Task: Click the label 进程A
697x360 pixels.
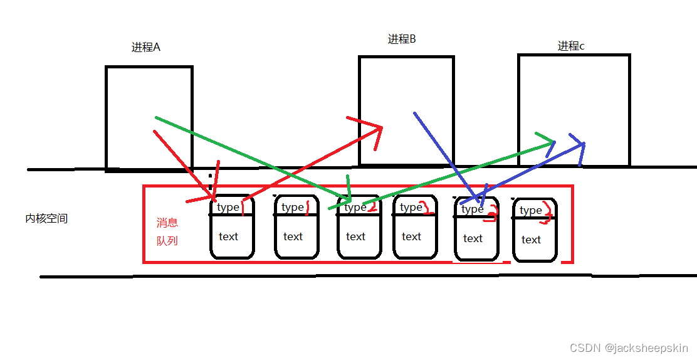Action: point(146,47)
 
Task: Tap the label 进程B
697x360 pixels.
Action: point(402,40)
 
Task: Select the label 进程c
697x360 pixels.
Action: point(571,46)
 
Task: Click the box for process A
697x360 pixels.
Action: point(149,118)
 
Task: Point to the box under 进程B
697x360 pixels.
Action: point(406,110)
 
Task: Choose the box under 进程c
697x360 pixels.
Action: point(574,110)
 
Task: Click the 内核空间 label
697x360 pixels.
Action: point(46,219)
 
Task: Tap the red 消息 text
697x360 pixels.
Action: point(167,223)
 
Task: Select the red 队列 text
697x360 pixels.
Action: point(167,240)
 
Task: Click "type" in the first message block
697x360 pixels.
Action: point(228,208)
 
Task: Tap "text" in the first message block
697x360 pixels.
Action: point(229,236)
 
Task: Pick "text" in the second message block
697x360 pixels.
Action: point(293,236)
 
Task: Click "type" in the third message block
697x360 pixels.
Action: point(355,207)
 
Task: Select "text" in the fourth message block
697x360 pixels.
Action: point(411,236)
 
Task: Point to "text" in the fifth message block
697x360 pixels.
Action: point(473,238)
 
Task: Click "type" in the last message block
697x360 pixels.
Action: point(530,210)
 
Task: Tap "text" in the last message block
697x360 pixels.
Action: point(531,240)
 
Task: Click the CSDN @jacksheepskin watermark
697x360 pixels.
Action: point(629,347)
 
